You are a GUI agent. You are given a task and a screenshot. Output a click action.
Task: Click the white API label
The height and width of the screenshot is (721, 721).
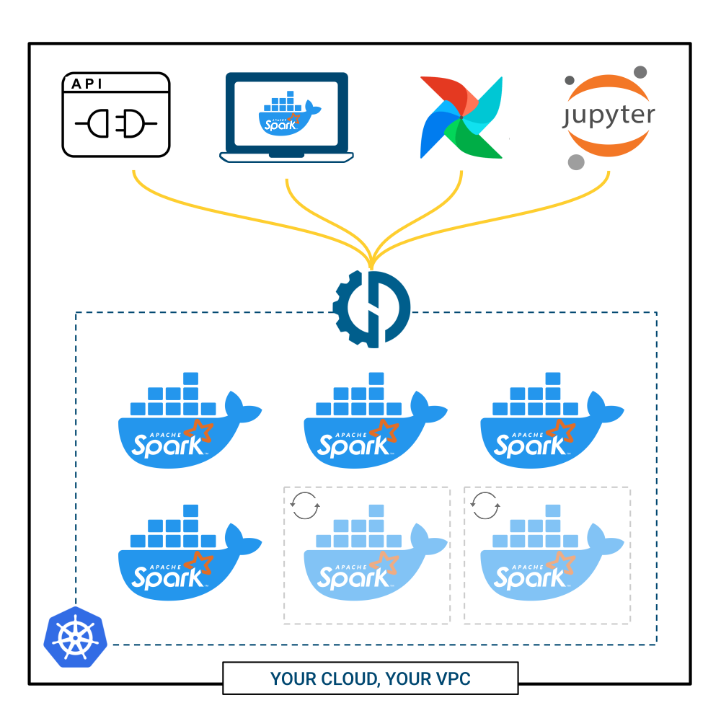click(90, 84)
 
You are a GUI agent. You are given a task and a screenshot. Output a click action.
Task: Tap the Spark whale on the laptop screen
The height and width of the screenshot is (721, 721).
click(288, 116)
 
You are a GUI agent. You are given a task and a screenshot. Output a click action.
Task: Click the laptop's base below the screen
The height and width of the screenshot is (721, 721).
click(286, 156)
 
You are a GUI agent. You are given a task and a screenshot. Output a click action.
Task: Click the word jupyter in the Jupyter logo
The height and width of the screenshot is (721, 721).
click(609, 116)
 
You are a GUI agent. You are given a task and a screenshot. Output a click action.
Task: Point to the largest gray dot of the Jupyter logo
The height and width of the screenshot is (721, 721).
click(575, 162)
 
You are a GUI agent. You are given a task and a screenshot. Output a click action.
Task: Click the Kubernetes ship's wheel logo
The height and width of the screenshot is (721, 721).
click(75, 637)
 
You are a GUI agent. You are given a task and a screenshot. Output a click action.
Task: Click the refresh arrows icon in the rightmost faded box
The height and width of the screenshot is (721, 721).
click(485, 505)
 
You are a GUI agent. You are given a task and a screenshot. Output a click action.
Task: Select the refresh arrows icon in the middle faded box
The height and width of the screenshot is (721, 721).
click(305, 505)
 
